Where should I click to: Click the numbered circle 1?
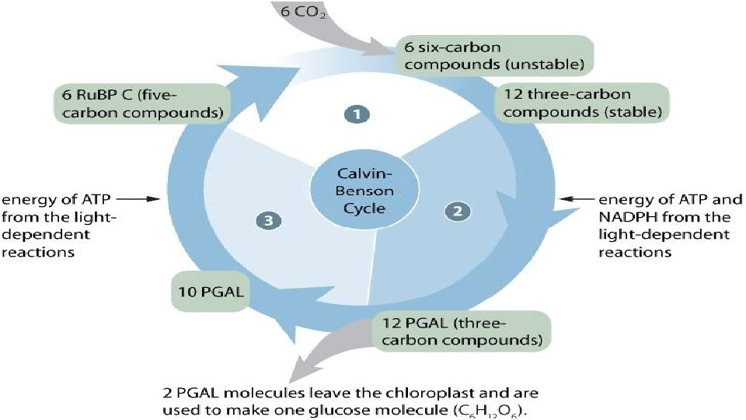pyautogui.click(x=357, y=114)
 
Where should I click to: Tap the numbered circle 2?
pyautogui.click(x=458, y=211)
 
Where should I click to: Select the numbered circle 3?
pyautogui.click(x=269, y=220)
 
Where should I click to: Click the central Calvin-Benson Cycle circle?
pyautogui.click(x=364, y=191)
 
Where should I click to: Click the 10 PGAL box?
pyautogui.click(x=211, y=292)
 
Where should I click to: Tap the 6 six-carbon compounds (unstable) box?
pyautogui.click(x=494, y=55)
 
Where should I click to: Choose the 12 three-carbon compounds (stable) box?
pyautogui.click(x=583, y=103)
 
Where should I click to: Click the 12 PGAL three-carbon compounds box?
pyautogui.click(x=462, y=331)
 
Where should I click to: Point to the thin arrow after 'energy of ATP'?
pyautogui.click(x=138, y=199)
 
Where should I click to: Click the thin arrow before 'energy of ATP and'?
pyautogui.click(x=577, y=198)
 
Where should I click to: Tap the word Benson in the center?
pyautogui.click(x=364, y=191)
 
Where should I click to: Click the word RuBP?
pyautogui.click(x=103, y=95)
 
